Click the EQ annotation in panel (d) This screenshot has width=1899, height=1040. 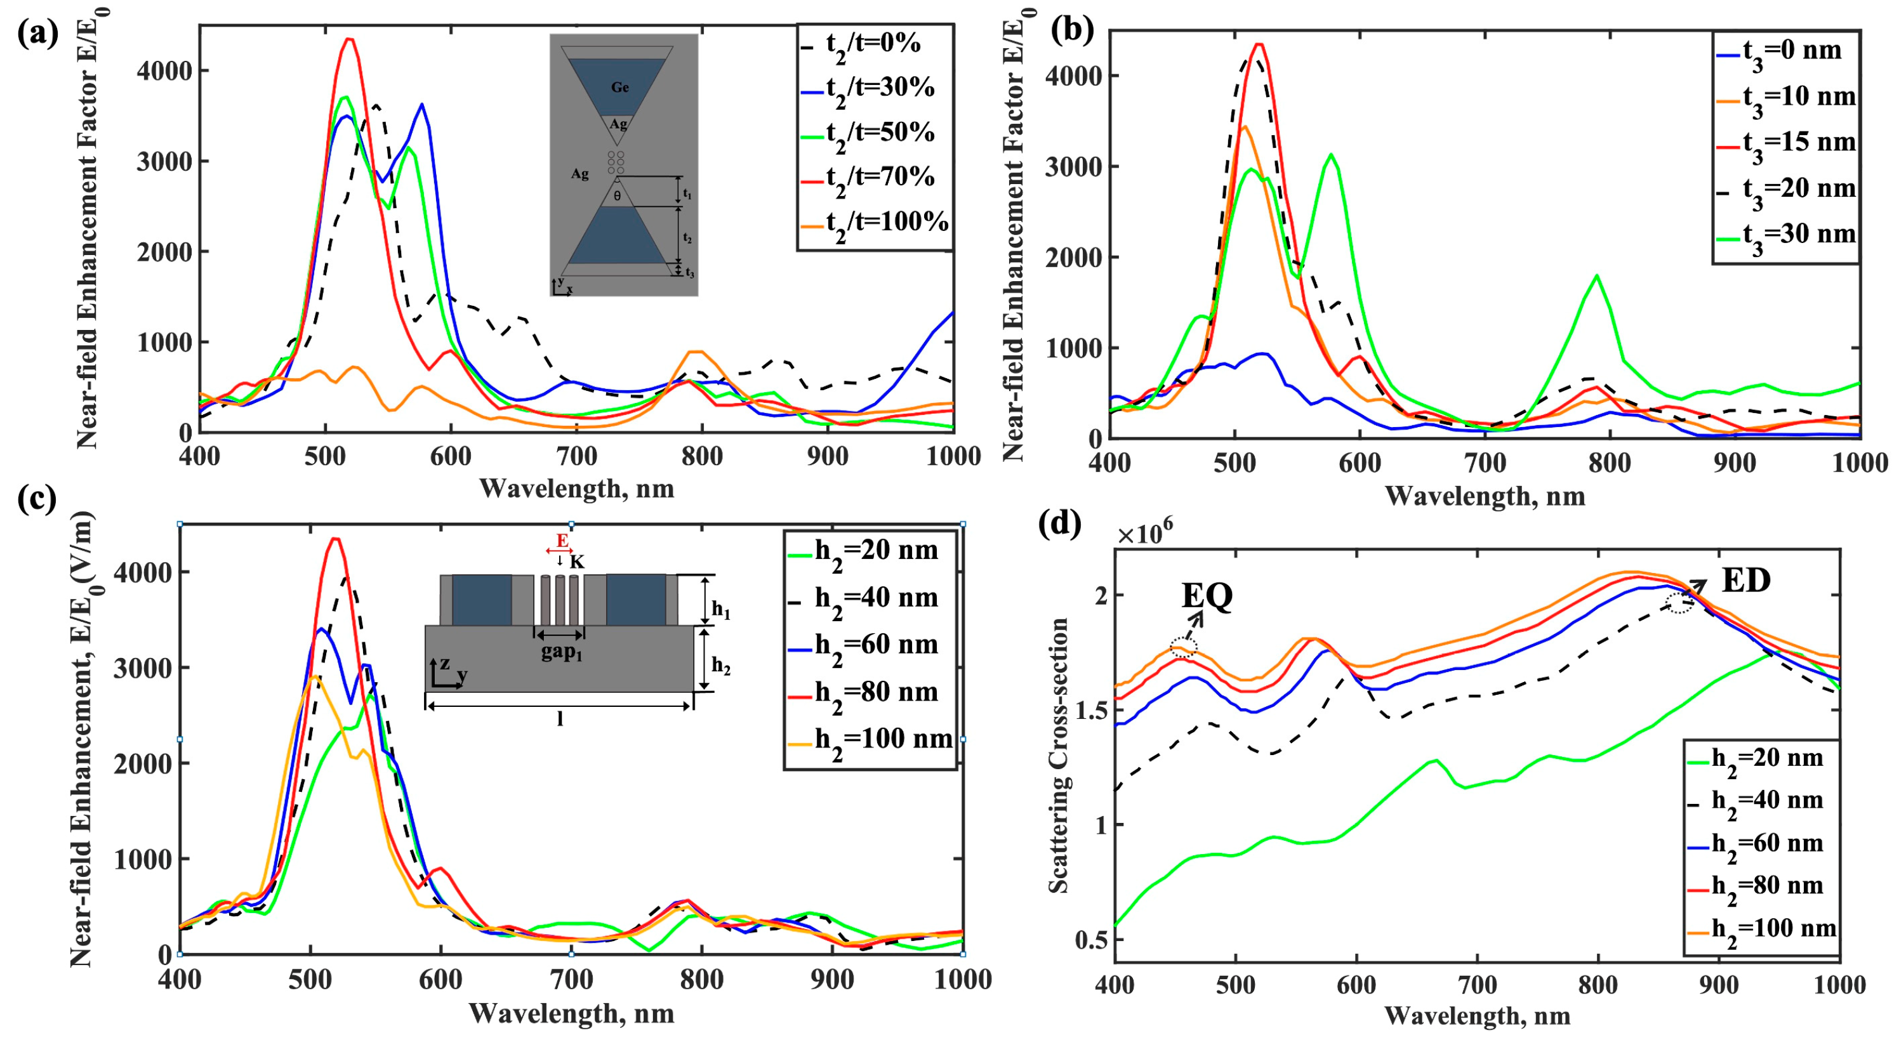tap(1207, 596)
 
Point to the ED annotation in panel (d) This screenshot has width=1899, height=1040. tap(1745, 581)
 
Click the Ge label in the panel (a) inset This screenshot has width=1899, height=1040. tap(620, 88)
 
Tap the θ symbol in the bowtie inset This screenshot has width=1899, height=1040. tap(617, 196)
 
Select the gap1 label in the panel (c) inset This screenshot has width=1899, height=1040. tap(561, 652)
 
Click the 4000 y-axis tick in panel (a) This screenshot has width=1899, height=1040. tap(164, 71)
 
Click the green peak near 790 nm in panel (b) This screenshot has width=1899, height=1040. tap(1597, 277)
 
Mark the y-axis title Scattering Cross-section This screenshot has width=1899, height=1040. tap(1059, 756)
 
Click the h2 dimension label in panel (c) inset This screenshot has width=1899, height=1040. tap(720, 667)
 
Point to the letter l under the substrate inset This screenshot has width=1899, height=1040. tap(560, 719)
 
